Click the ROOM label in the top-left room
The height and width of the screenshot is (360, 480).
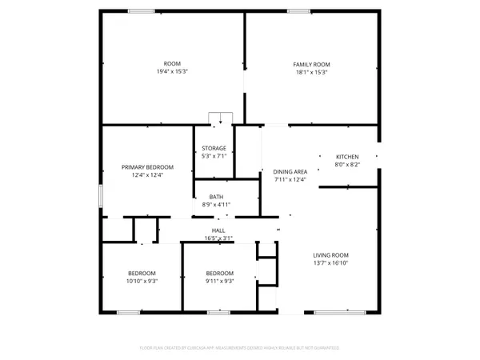pos(171,64)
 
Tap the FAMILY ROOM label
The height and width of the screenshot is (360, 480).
pos(311,64)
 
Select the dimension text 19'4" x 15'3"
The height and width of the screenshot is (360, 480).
pos(171,72)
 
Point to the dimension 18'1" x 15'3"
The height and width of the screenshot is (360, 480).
pos(311,72)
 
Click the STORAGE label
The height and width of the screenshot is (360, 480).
pos(214,148)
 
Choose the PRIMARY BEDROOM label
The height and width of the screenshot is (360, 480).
pos(147,167)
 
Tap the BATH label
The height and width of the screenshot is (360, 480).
pos(216,197)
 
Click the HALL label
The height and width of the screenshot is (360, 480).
pos(218,230)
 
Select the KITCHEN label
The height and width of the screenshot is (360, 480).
pos(346,157)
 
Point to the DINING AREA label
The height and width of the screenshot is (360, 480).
pos(290,171)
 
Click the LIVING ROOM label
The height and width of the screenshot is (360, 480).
pos(330,255)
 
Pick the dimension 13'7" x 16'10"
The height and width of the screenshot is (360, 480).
pos(330,263)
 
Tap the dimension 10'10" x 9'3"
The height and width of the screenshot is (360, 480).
pos(141,281)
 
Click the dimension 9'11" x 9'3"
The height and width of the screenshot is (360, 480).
pos(218,281)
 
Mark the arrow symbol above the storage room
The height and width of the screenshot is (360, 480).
pos(220,120)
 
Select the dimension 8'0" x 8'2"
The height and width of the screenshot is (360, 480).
pos(346,165)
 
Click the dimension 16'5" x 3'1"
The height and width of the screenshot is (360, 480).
pos(218,238)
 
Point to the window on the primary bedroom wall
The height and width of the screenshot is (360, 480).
pos(101,196)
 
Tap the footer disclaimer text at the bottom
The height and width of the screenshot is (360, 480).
pos(240,348)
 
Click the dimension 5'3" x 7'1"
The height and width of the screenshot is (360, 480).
pos(214,156)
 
